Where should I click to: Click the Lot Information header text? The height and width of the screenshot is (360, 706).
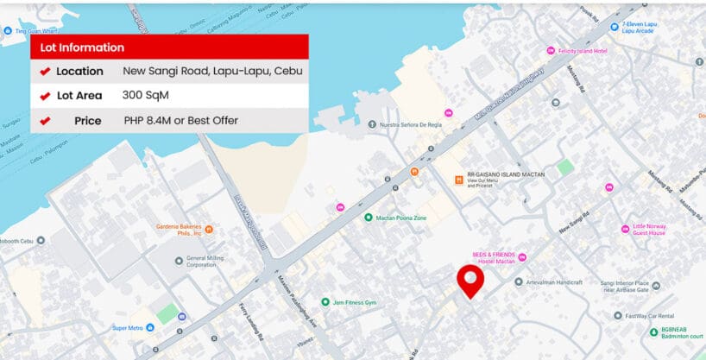(x=83, y=47)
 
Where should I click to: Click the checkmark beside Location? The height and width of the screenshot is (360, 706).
(x=45, y=72)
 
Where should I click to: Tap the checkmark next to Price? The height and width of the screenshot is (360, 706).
(x=45, y=121)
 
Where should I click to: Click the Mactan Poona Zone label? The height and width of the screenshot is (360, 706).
(x=401, y=218)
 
